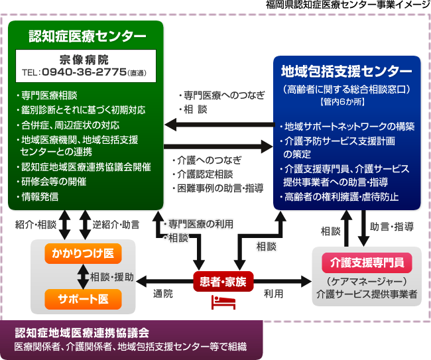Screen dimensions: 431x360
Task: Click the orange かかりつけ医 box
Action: [83, 253]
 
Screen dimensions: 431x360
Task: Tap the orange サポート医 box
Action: [83, 299]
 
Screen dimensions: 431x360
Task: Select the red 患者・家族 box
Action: [223, 282]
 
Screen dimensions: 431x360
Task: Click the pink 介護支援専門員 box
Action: [367, 263]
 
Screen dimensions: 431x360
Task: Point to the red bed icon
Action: [223, 302]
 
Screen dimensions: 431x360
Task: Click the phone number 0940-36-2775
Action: [84, 72]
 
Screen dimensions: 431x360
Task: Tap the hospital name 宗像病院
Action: [84, 60]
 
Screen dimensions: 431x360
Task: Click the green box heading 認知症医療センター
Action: [87, 36]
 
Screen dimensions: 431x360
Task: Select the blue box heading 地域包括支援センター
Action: [347, 71]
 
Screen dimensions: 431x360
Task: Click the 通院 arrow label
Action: [163, 294]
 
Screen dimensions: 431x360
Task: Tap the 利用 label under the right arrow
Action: [273, 294]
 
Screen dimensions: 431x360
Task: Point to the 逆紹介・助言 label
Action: [116, 225]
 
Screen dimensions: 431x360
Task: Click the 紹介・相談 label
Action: [36, 225]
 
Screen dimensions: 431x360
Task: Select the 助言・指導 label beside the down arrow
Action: [392, 227]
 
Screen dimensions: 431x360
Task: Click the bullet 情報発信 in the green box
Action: [37, 197]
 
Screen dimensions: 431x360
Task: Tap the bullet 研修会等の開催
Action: [52, 182]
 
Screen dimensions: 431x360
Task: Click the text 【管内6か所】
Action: [342, 102]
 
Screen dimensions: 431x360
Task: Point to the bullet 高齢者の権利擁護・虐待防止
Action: [339, 197]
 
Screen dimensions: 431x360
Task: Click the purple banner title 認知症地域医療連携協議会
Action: [82, 333]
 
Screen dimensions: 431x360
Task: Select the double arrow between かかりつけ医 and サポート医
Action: [83, 276]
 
